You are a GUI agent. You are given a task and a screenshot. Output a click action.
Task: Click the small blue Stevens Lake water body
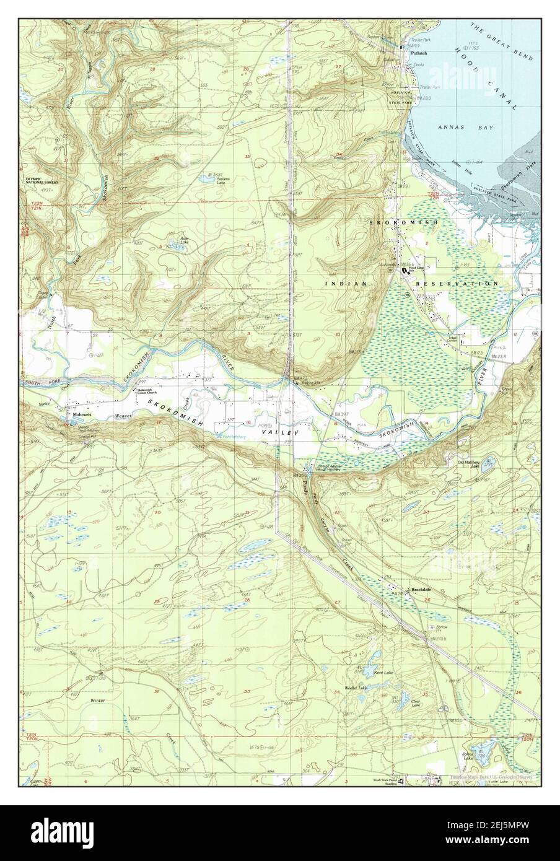[204, 179]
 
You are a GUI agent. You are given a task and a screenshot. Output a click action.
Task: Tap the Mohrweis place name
[81, 409]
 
